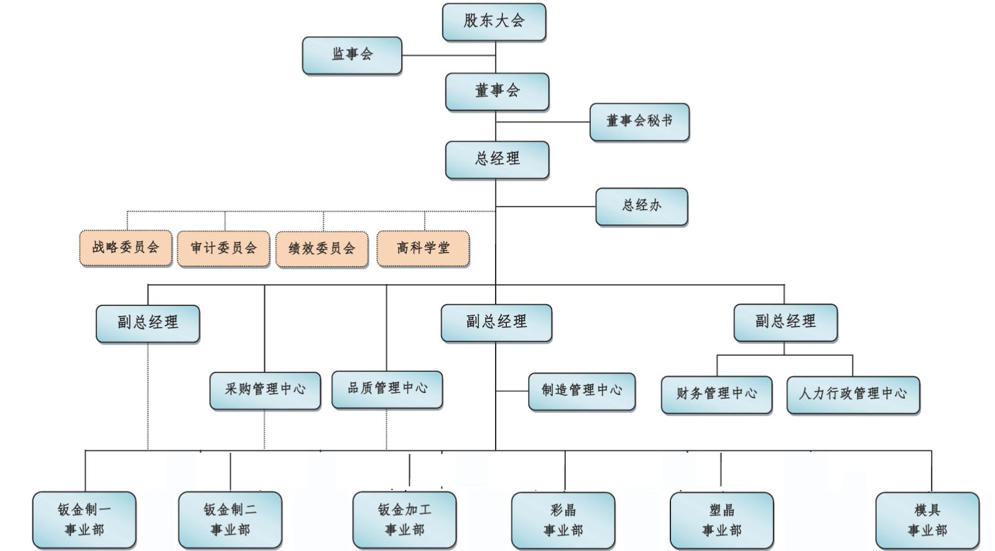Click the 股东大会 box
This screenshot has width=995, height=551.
tap(494, 22)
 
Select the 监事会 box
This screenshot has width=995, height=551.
tap(352, 55)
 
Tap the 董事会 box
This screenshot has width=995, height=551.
tap(497, 91)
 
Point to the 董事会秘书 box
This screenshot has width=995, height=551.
tap(639, 121)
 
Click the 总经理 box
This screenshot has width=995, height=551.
tap(497, 160)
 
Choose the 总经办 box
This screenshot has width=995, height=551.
tap(641, 206)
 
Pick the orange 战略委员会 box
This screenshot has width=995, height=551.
tap(126, 248)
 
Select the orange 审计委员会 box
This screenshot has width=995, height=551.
tap(223, 249)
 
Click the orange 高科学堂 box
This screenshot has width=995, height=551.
tap(423, 249)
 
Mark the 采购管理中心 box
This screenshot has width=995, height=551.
tap(265, 390)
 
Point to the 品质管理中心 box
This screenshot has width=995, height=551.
tap(387, 389)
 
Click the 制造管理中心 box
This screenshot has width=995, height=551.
tap(581, 391)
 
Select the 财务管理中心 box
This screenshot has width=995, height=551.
tap(716, 394)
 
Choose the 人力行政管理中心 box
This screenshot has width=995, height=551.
tap(853, 394)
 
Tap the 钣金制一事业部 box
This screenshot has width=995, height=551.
tap(84, 520)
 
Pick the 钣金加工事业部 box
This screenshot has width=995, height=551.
tap(404, 520)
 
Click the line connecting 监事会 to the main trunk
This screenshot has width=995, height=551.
tap(448, 55)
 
